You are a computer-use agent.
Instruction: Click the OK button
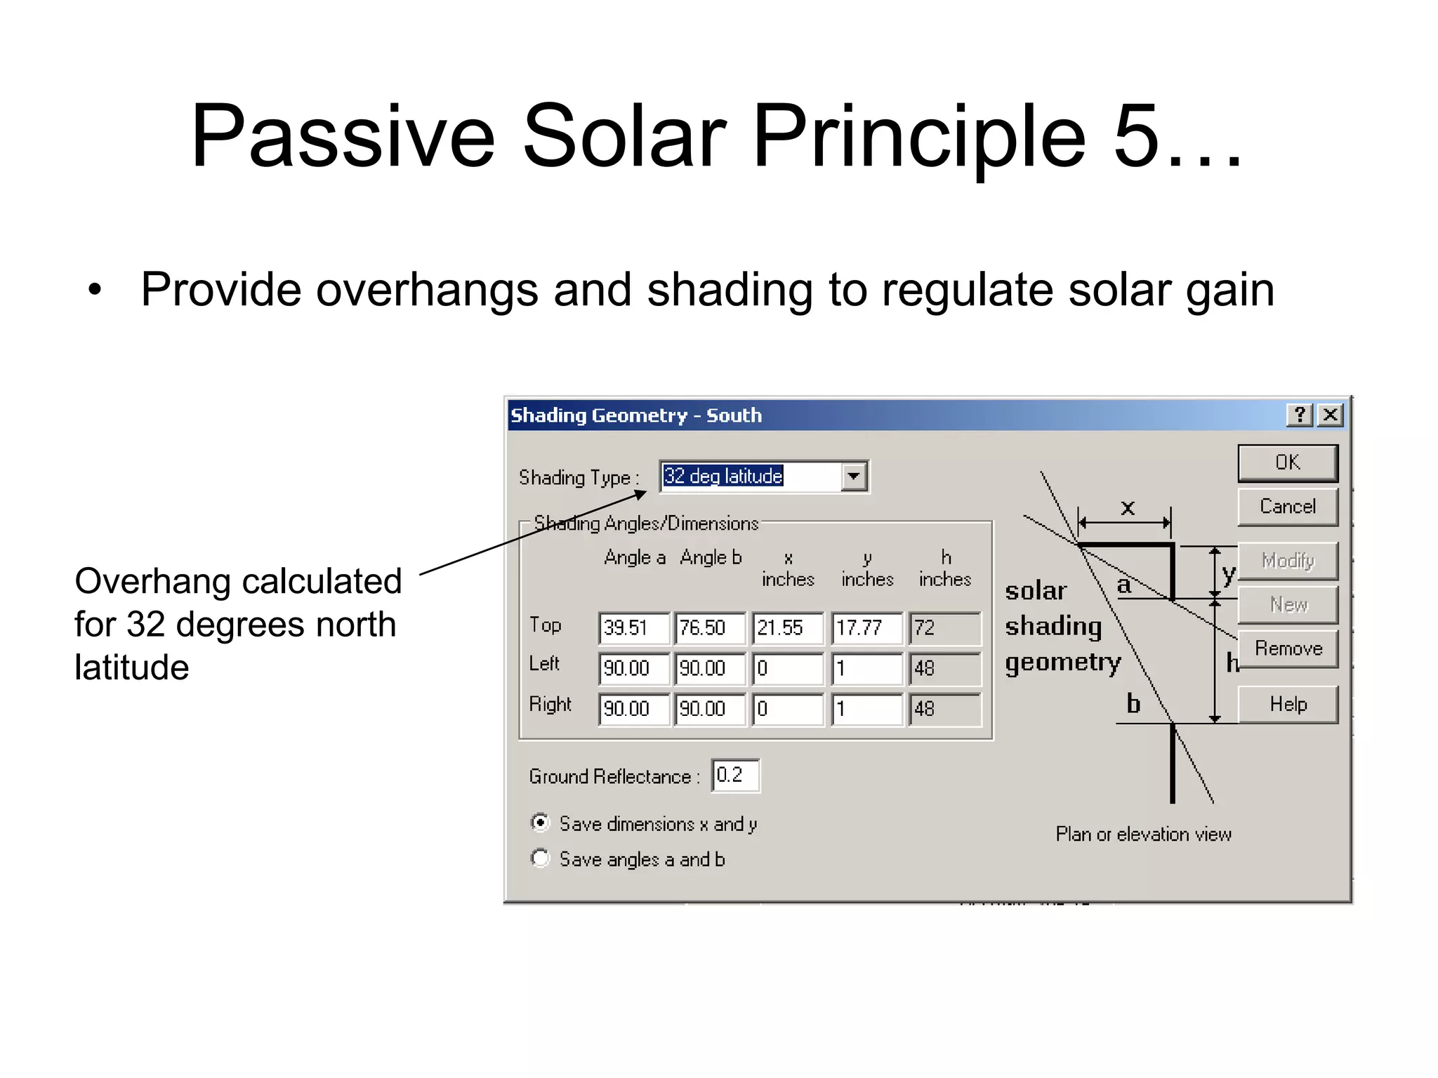point(1287,463)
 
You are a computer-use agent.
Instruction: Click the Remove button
point(1287,648)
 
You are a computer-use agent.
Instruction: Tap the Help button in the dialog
point(1287,704)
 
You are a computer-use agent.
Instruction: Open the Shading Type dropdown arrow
point(853,477)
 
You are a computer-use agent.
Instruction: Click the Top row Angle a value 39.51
point(633,627)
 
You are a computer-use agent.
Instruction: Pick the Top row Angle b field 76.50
point(709,627)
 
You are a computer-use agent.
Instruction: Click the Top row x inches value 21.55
point(786,627)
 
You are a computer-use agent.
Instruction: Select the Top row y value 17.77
point(866,627)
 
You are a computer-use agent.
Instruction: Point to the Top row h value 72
point(944,627)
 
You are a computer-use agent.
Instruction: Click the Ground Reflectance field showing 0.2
point(734,775)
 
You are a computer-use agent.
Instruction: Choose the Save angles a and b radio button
point(540,858)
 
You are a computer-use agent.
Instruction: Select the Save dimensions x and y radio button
point(540,823)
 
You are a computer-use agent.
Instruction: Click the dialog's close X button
point(1330,415)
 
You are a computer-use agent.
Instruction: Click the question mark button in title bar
point(1300,415)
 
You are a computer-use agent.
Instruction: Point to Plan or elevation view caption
point(1143,834)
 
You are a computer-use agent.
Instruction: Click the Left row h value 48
point(944,668)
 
